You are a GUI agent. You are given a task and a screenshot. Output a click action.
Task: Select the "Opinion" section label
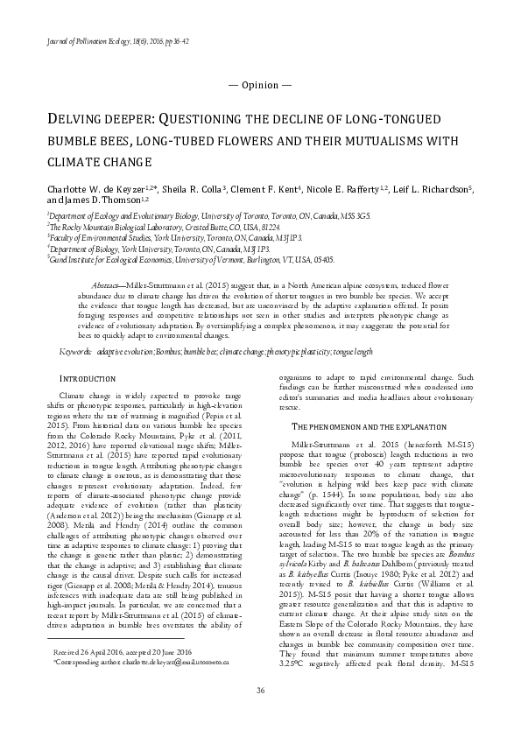(260, 85)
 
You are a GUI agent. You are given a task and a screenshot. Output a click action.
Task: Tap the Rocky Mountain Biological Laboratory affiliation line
(146, 226)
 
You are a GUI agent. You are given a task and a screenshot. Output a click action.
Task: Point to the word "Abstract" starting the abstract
(109, 286)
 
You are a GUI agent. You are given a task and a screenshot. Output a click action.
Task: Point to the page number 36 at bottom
(260, 716)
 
